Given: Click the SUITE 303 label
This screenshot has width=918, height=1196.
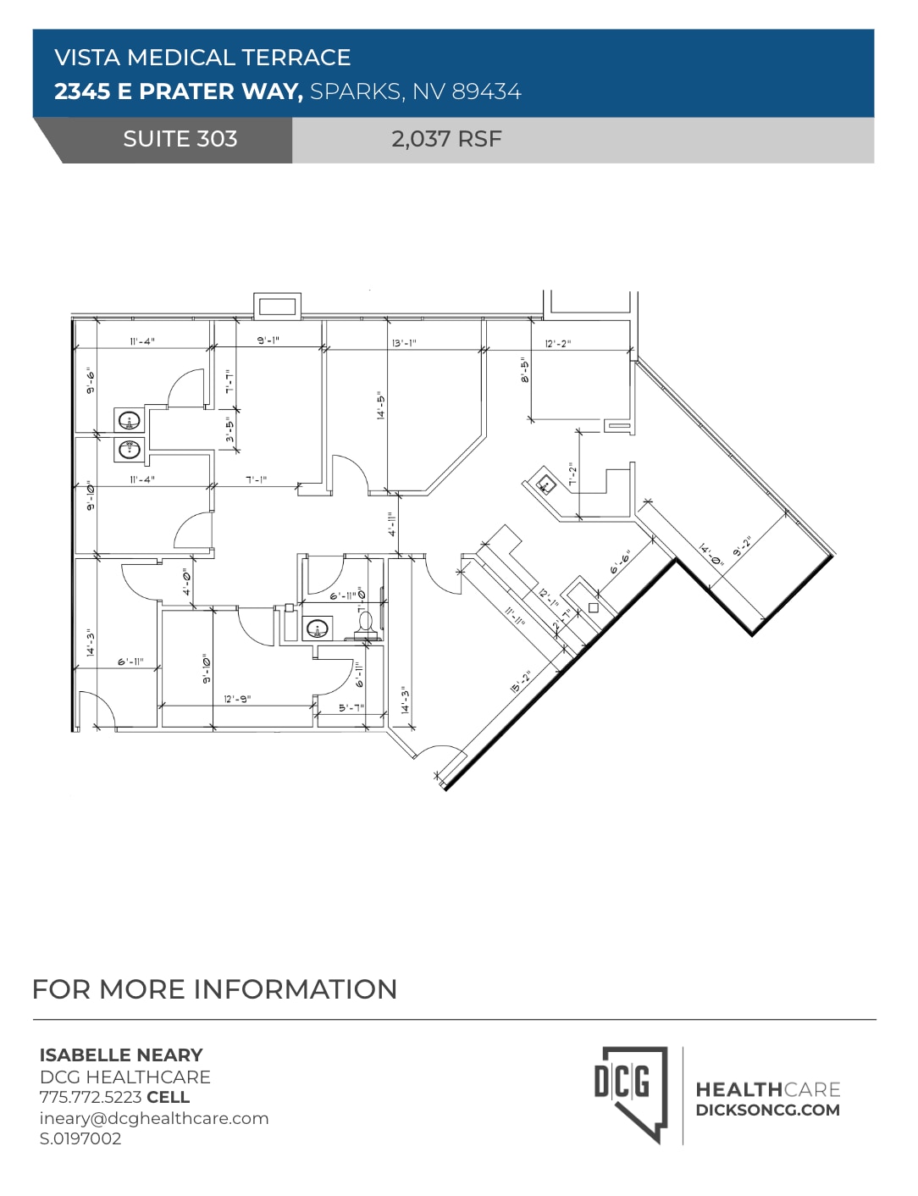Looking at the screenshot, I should point(180,139).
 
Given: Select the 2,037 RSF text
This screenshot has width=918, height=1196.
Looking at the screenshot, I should point(446,139).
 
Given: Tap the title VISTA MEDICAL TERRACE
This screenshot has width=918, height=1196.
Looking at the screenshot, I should point(202,58).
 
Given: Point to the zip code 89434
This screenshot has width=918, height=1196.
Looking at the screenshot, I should point(486,91).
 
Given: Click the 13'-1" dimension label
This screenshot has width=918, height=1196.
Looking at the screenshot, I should point(404,343).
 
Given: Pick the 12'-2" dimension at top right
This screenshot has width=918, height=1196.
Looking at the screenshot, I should point(557,343).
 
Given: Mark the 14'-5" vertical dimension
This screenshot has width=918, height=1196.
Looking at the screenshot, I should point(382,406).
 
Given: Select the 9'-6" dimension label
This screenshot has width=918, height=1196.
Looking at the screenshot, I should point(91,380).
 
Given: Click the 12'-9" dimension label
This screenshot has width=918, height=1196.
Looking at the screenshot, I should point(237,699).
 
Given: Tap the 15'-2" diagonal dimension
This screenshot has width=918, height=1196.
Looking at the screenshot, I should point(521,682).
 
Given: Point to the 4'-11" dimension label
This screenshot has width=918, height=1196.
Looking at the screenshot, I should point(391,524).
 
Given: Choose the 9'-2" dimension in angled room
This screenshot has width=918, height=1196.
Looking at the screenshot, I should point(742,547).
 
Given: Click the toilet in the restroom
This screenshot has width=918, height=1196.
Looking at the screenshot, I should point(366,623).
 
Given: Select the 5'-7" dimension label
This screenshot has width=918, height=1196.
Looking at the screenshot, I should point(351,707).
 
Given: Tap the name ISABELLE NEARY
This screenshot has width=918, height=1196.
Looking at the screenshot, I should point(121,1055).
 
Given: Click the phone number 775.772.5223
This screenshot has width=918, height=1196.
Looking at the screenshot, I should point(91,1097).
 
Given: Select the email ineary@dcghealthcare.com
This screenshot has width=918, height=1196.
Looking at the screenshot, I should point(154,1118).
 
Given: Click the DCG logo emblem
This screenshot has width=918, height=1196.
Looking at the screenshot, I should point(630,1094).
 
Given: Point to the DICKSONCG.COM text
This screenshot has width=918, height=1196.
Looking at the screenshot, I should point(767,1110).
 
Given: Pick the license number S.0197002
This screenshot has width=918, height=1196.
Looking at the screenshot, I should point(80,1138).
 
